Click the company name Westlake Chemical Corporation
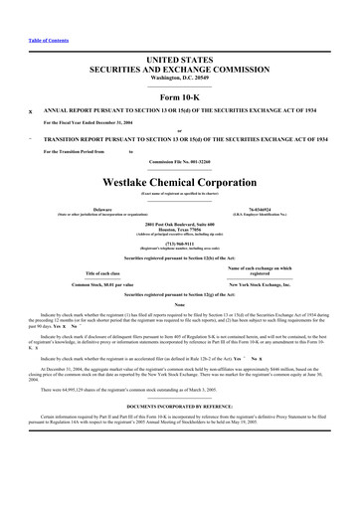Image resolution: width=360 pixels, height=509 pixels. click(180, 183)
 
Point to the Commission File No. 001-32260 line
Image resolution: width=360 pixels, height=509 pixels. click(180, 162)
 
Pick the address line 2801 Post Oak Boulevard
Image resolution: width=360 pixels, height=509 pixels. click(180, 224)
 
